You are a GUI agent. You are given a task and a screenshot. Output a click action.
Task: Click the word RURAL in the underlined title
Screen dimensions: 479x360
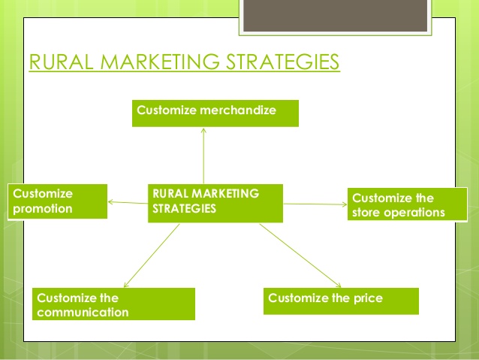61,62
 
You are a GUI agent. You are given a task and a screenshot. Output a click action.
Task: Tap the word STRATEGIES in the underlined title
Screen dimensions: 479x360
282,62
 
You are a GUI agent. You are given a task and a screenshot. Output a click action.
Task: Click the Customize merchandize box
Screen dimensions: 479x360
215,113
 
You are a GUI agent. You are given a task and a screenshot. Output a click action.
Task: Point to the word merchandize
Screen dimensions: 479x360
238,110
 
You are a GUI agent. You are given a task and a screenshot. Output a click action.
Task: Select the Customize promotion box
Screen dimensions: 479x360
57,201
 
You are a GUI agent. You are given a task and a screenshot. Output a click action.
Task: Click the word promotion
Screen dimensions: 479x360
43,209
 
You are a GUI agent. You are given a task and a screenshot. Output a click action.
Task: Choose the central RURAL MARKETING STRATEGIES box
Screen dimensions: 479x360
215,203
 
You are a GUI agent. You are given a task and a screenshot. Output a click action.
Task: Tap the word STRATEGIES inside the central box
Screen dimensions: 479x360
184,209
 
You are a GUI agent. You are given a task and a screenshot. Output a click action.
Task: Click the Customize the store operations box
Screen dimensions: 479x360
408,204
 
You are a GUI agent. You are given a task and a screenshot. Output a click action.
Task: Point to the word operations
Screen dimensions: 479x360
414,213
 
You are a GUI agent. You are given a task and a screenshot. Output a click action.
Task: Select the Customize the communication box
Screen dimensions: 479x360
113,304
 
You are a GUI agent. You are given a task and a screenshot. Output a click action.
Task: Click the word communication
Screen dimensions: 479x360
83,313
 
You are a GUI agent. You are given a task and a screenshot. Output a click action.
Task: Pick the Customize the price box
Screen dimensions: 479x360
341,301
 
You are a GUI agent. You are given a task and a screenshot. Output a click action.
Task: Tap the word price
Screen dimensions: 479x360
368,298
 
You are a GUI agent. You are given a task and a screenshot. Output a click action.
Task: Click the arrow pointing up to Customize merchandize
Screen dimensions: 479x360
203,156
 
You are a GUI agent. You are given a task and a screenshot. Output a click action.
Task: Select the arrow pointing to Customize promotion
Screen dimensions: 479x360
128,202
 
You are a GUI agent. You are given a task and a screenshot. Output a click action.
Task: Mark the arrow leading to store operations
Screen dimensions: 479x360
315,204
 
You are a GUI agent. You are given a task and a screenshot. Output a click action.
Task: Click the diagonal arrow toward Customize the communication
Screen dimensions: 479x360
152,256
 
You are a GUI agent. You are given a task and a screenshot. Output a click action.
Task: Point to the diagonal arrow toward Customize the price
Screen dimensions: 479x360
300,256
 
